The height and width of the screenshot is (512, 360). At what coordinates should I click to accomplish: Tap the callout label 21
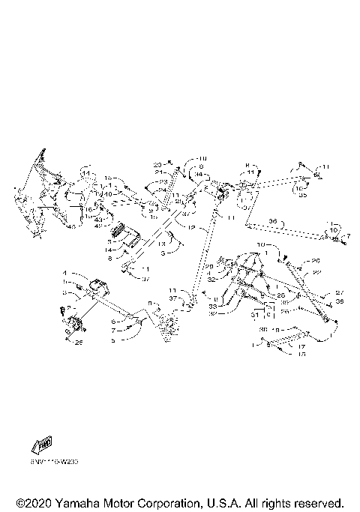coord(158,172)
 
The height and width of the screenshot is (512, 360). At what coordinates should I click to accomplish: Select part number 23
coord(164,181)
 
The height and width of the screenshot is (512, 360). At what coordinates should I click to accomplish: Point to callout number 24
coord(163,190)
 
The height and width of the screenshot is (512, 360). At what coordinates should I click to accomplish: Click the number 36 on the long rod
coord(273,221)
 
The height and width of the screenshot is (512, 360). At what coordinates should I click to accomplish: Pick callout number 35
coord(303,194)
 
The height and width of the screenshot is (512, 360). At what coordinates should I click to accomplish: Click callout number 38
coord(339,301)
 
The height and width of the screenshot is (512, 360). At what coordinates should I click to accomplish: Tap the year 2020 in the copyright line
coord(37,502)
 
